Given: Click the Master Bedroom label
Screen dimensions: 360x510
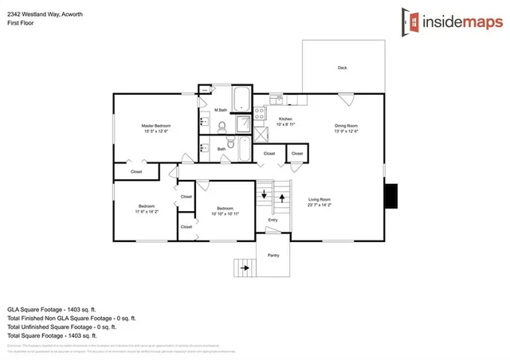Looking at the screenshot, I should pyautogui.click(x=156, y=126).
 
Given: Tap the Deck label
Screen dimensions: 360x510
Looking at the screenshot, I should pyautogui.click(x=342, y=68).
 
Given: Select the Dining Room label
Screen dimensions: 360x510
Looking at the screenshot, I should pyautogui.click(x=346, y=126).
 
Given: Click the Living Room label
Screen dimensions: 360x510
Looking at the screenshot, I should pyautogui.click(x=320, y=200).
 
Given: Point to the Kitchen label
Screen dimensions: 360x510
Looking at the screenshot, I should pyautogui.click(x=285, y=120).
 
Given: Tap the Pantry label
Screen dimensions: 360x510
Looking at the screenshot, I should pyautogui.click(x=273, y=255).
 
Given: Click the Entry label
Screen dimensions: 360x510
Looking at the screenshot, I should pyautogui.click(x=273, y=221).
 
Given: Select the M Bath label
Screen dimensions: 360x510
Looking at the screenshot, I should pyautogui.click(x=221, y=110).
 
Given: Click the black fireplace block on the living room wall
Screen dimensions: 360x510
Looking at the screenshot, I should pyautogui.click(x=391, y=196).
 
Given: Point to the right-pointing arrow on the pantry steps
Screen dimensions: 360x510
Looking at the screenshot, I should pyautogui.click(x=245, y=268).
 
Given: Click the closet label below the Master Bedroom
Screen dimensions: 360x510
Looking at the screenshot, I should pyautogui.click(x=136, y=171).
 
